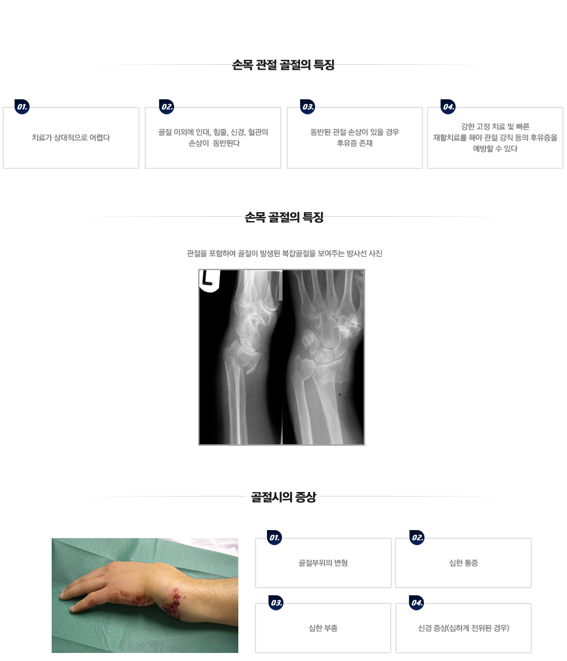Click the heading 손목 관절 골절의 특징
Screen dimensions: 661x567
[x=283, y=65]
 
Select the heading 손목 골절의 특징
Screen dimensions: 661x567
[x=283, y=217]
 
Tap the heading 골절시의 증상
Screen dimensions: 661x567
[x=283, y=497]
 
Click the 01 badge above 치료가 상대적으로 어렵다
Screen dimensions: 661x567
[x=22, y=107]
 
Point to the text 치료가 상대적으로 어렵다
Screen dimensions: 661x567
[x=71, y=137]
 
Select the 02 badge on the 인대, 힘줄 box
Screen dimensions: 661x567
[x=167, y=107]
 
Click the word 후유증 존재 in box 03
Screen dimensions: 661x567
[x=354, y=143]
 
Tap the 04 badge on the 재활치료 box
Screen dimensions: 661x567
[x=448, y=107]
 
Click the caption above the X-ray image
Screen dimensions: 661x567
[x=284, y=254]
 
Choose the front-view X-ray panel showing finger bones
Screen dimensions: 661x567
[x=324, y=357]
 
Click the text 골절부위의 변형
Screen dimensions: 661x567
[x=323, y=563]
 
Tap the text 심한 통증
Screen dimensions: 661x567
[x=463, y=563]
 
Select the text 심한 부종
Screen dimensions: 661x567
[x=323, y=628]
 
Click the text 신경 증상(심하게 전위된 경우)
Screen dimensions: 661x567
[x=463, y=628]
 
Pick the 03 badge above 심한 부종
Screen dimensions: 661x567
[x=276, y=603]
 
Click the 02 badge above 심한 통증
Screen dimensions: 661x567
[x=417, y=538]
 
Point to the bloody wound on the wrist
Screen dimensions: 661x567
[x=173, y=604]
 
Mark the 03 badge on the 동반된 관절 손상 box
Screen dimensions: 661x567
[x=308, y=107]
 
